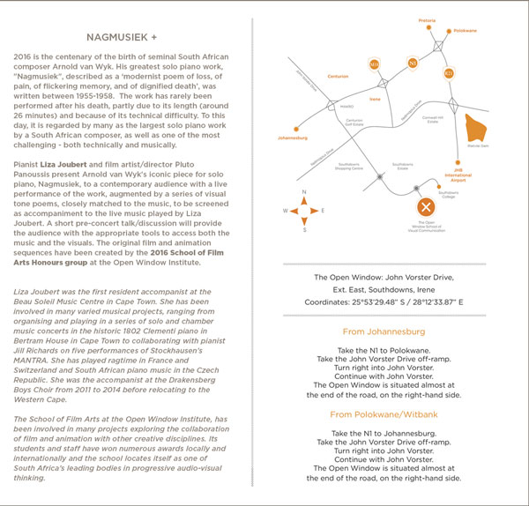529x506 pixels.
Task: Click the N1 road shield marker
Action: [x=412, y=63]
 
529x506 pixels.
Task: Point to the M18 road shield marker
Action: [x=374, y=64]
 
